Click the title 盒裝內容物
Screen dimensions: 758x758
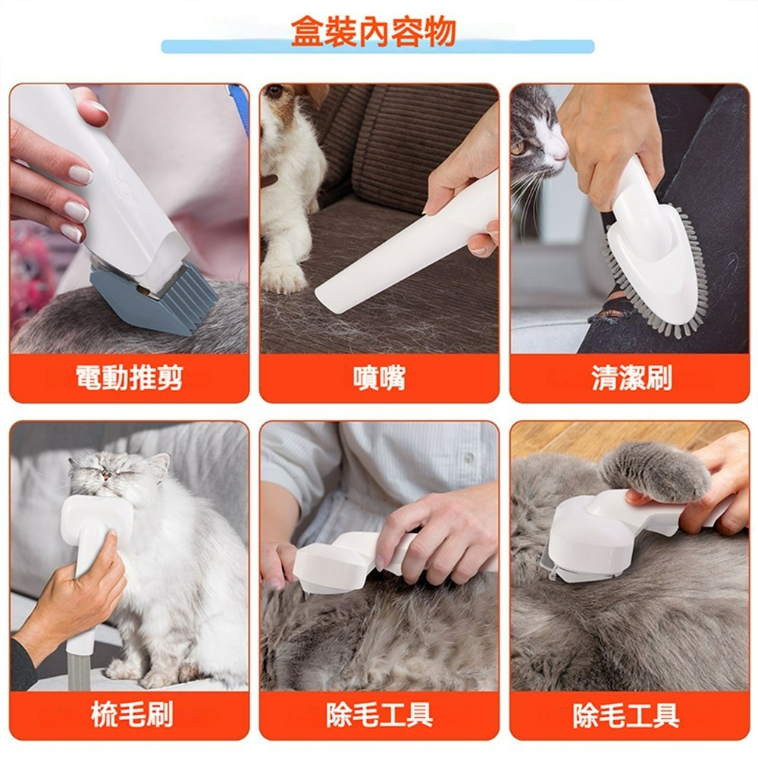point(374,32)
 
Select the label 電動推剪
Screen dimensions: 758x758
point(129,377)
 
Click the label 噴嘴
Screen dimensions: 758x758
point(379,377)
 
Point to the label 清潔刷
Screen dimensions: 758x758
point(631,377)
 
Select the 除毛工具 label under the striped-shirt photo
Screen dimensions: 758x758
point(379,714)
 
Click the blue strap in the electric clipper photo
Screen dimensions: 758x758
point(240,106)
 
